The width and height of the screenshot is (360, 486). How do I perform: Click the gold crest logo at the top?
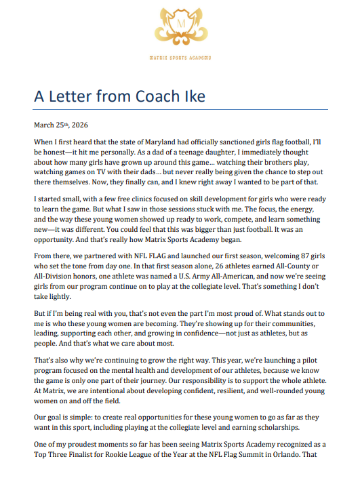180,26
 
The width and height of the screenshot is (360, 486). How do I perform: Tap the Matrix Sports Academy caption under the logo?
180,59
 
